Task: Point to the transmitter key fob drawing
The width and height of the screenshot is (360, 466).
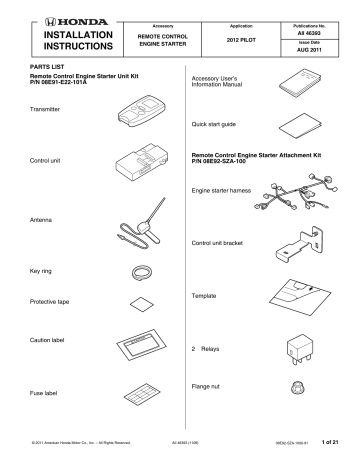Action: [x=144, y=110]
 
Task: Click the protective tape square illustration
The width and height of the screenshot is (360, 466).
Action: [x=142, y=302]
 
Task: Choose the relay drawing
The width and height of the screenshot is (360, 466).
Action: [x=301, y=348]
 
